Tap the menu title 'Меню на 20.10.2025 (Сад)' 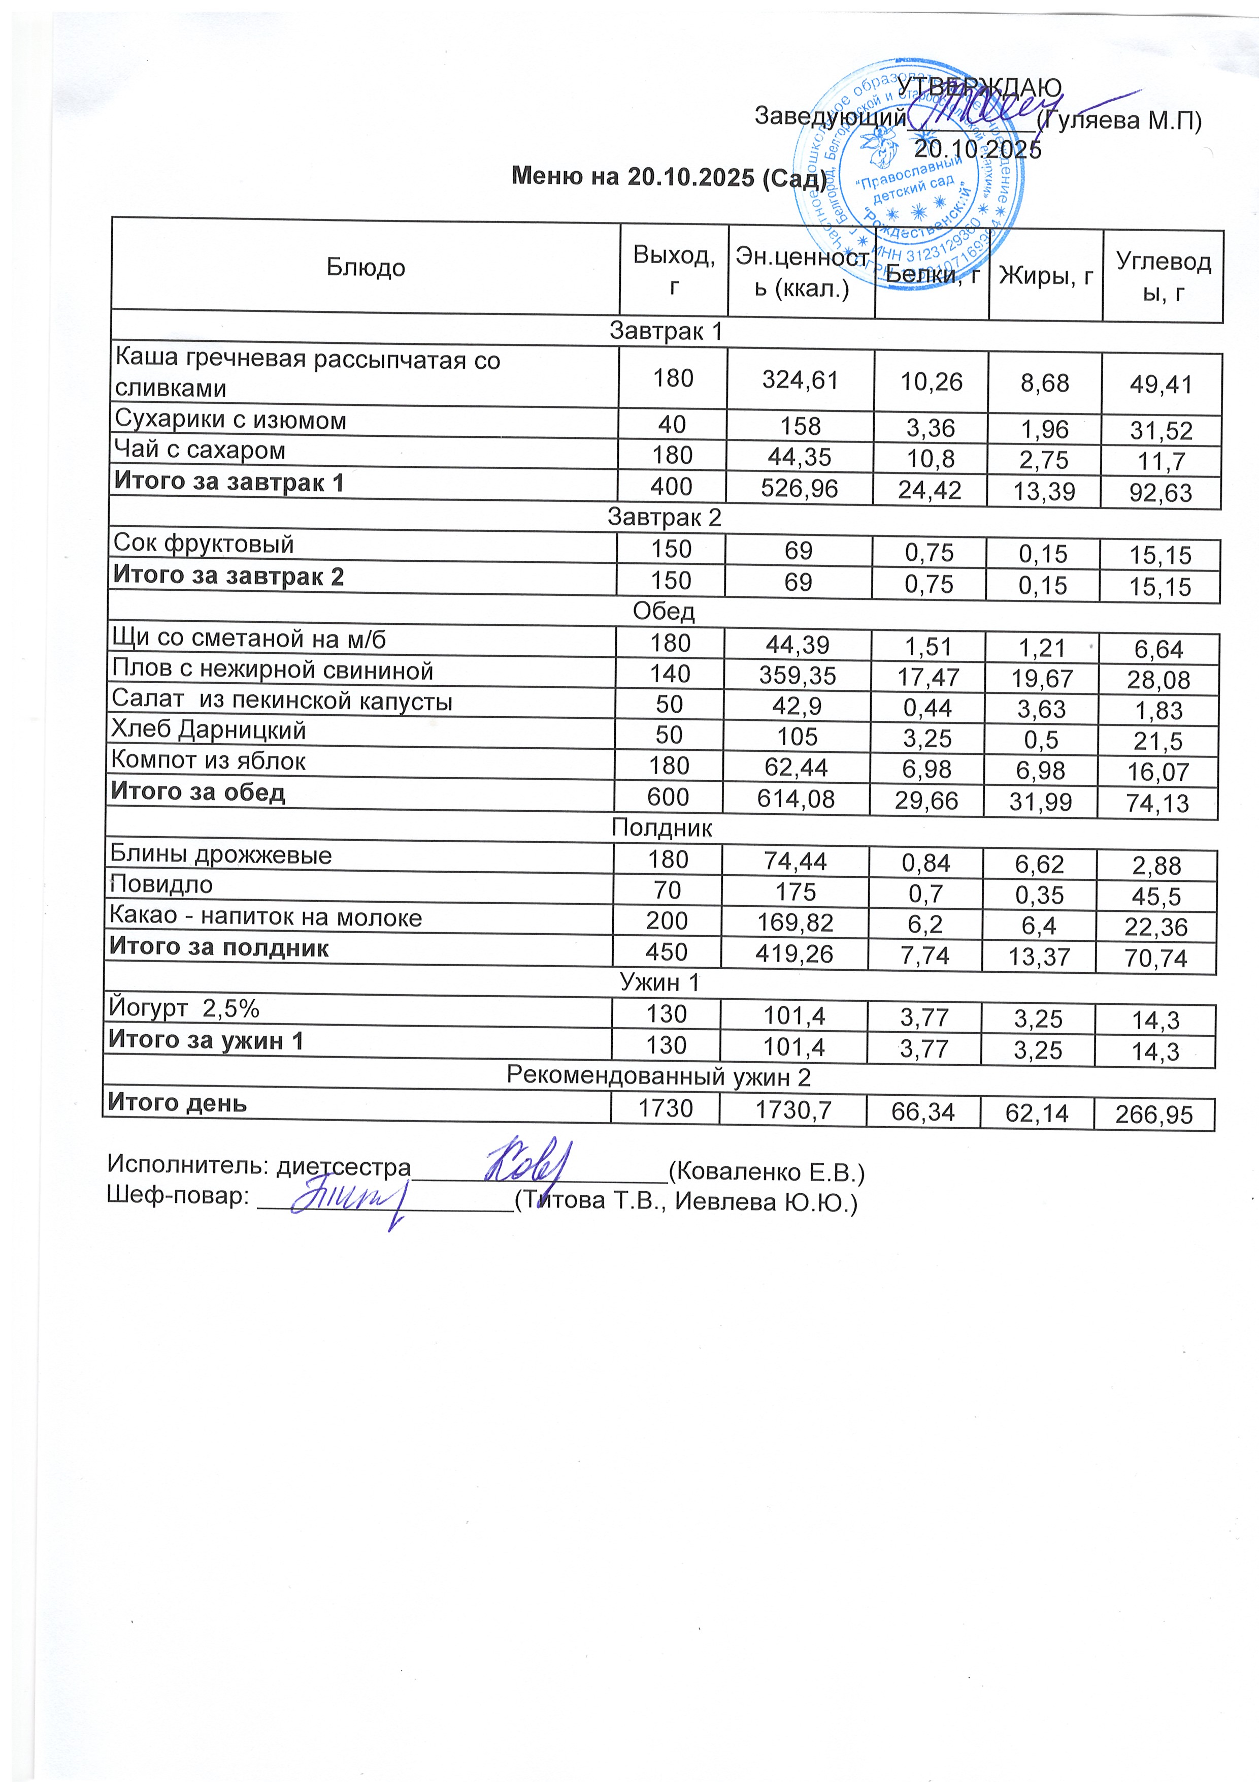669,178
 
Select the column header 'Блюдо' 366,268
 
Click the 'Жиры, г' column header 1046,275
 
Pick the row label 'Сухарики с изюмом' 230,420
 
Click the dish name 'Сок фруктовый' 203,544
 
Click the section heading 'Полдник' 661,828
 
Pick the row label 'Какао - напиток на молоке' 266,917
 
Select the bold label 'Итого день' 178,1102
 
